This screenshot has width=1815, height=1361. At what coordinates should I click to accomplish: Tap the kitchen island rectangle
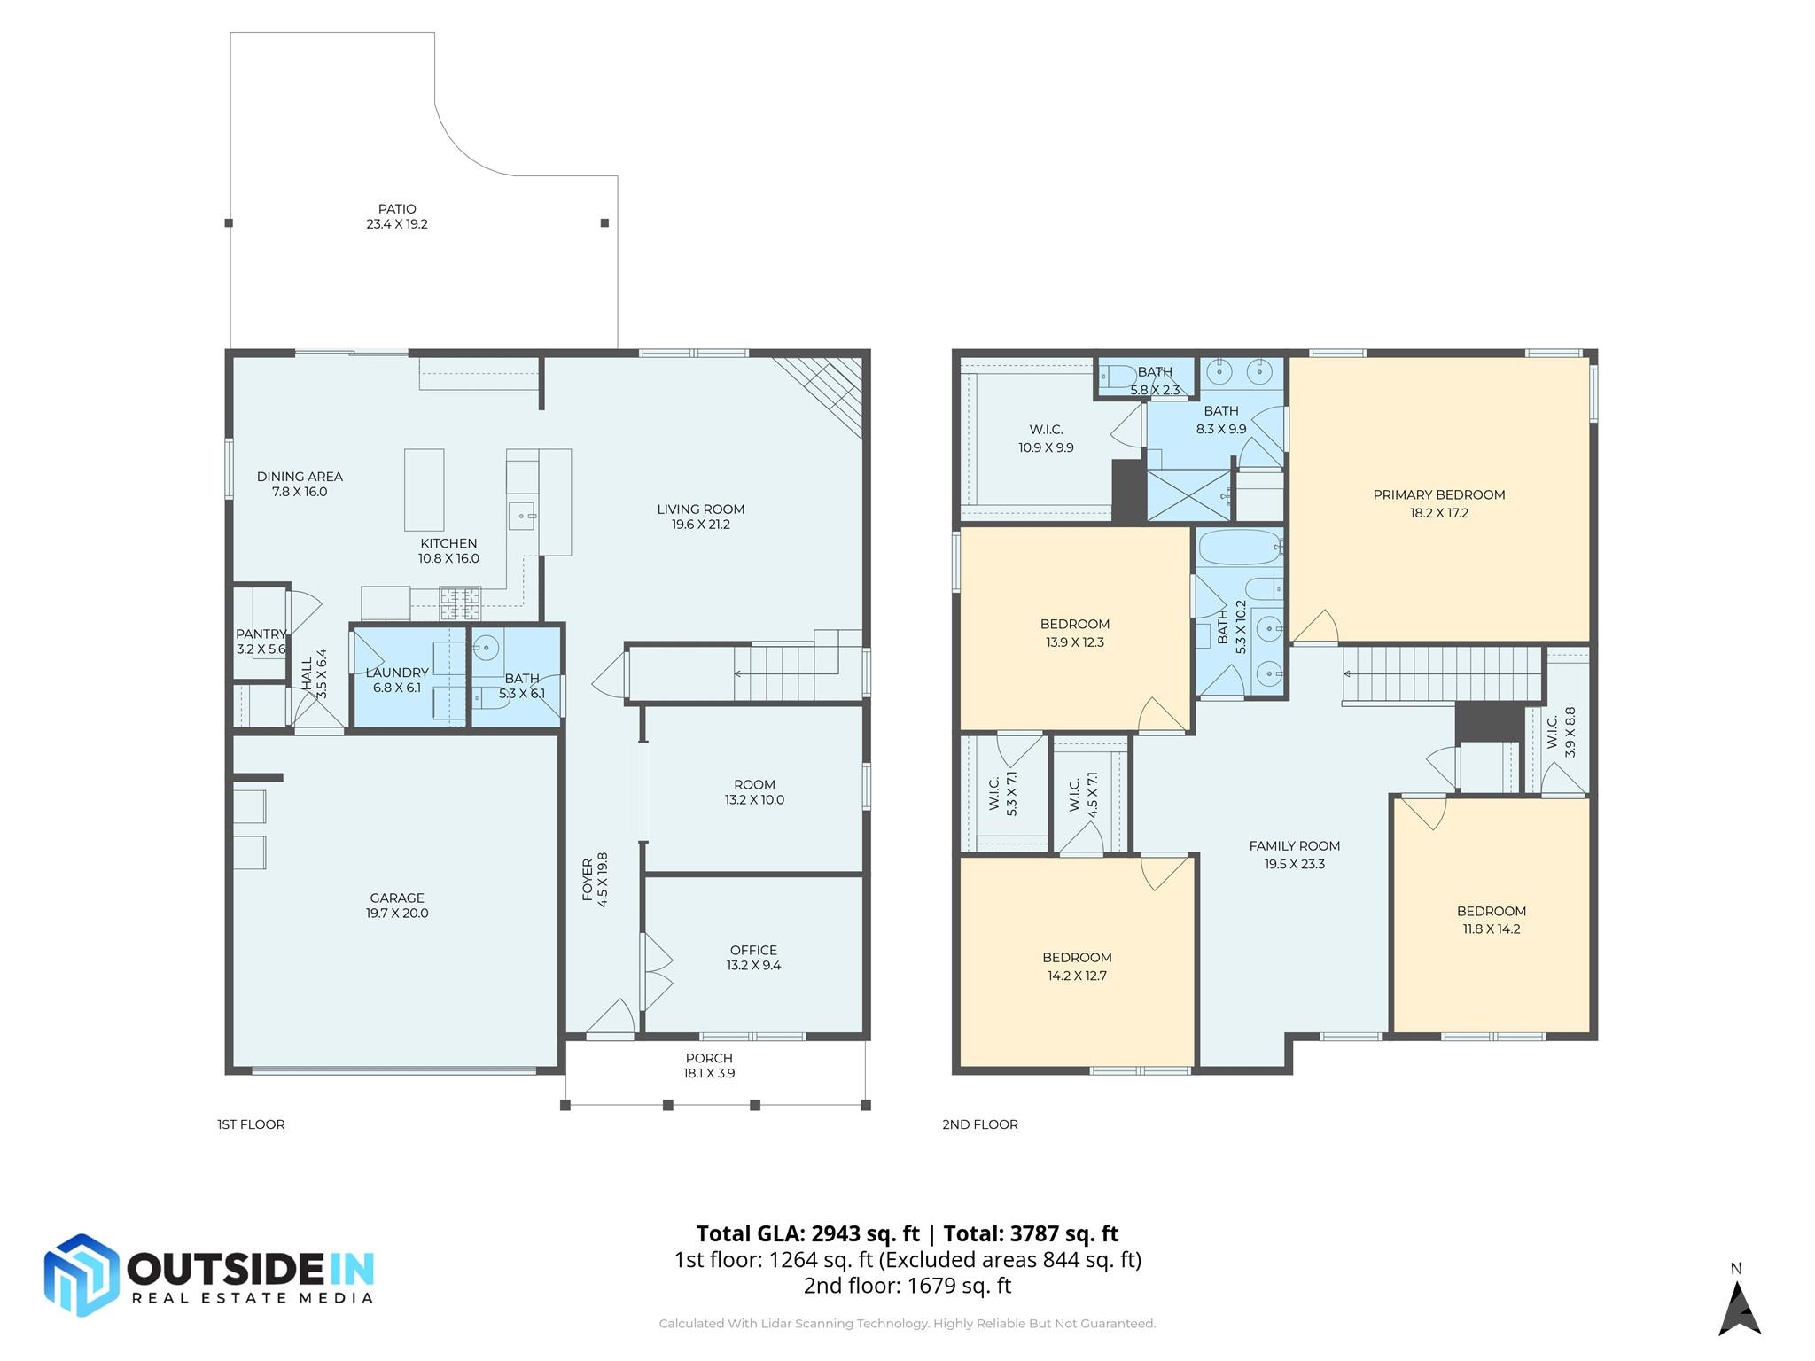point(424,489)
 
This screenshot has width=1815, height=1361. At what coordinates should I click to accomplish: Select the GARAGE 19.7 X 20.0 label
point(397,906)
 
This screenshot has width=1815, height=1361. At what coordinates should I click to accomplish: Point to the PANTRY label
point(261,634)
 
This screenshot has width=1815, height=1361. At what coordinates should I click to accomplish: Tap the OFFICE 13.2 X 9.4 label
point(753,958)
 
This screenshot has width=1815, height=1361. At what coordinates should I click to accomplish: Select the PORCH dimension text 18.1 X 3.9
point(709,1073)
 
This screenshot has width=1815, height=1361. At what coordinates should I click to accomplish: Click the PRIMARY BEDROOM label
point(1439,495)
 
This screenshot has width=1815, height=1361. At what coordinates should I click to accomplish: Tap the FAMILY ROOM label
point(1294,846)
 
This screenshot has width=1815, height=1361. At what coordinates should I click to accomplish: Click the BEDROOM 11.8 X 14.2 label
point(1492,920)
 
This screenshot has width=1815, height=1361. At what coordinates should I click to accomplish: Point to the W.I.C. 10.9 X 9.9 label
point(1046,439)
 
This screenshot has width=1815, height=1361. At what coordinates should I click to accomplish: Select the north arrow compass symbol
point(1739,1306)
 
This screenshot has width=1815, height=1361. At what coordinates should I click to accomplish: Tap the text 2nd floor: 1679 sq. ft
point(907,1286)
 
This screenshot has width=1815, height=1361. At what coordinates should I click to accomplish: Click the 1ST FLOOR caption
point(251,1124)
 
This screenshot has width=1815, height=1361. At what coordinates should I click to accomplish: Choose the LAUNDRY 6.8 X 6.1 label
point(397,680)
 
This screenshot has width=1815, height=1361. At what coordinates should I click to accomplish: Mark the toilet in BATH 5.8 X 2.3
point(1116,378)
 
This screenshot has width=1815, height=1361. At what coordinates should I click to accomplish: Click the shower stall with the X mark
point(1188,495)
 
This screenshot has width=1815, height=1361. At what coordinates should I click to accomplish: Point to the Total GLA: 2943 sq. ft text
point(807,1233)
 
